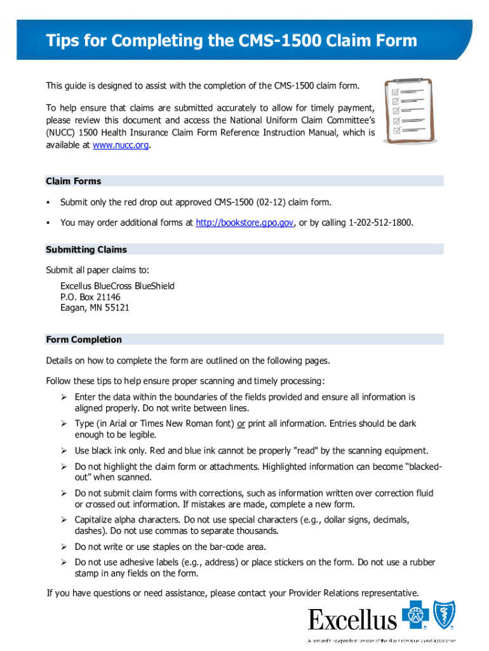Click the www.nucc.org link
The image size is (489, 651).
(122, 146)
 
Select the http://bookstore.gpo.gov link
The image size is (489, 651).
(245, 223)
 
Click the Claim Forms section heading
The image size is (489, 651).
(74, 181)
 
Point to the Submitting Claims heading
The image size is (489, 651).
(86, 250)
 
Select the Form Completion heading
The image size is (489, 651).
(84, 339)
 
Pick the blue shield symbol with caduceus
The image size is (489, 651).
(445, 615)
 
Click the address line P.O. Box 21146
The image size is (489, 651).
(90, 297)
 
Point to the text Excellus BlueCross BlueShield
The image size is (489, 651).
(117, 286)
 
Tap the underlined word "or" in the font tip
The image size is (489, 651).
(241, 424)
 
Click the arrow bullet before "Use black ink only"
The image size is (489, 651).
(64, 451)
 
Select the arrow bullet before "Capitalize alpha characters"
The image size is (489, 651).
(64, 520)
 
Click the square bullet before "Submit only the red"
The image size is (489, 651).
(48, 202)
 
